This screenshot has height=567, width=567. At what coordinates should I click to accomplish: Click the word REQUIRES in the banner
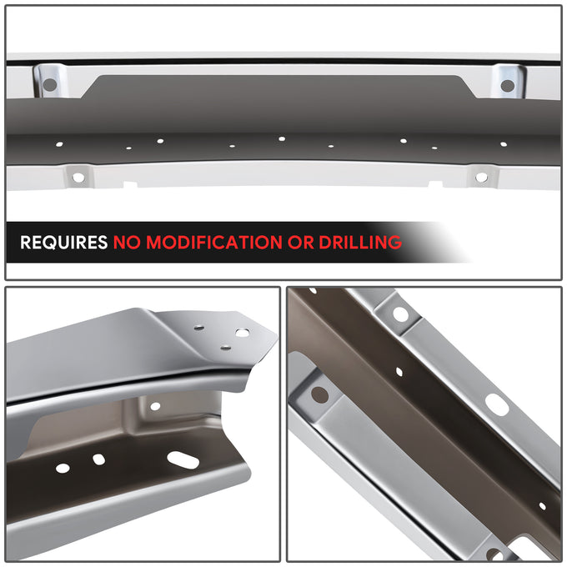[63, 243]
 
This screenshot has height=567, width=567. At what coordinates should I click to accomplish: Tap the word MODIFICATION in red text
[214, 243]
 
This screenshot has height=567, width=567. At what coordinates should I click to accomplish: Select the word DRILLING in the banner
[360, 243]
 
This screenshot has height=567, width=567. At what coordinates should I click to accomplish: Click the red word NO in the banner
[127, 243]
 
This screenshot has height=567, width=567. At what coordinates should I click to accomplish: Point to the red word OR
[300, 243]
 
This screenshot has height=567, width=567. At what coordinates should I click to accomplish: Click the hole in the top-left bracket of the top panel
[49, 85]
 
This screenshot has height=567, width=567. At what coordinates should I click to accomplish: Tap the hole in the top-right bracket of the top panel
[507, 86]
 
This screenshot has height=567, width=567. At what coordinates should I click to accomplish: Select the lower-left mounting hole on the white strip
[78, 178]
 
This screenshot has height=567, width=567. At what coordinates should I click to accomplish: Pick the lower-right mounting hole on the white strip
[481, 177]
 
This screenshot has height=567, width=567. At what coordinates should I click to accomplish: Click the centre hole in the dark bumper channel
[282, 138]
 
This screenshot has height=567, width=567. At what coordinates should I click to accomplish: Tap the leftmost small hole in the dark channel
[59, 144]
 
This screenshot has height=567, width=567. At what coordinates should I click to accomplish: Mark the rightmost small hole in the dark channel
[504, 144]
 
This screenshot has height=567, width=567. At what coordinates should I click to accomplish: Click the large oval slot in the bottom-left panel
[183, 460]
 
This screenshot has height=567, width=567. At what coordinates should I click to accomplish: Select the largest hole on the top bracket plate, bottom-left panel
[242, 333]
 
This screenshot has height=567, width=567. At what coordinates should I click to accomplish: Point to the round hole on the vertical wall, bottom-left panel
[155, 406]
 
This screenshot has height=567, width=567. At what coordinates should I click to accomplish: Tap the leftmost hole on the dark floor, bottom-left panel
[63, 468]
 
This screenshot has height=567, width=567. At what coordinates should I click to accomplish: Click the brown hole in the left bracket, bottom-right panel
[319, 394]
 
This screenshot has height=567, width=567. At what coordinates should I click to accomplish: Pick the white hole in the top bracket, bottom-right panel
[401, 314]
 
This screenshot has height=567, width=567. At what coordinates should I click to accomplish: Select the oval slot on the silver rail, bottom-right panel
[497, 404]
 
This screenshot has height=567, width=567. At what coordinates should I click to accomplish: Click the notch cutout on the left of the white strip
[131, 184]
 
